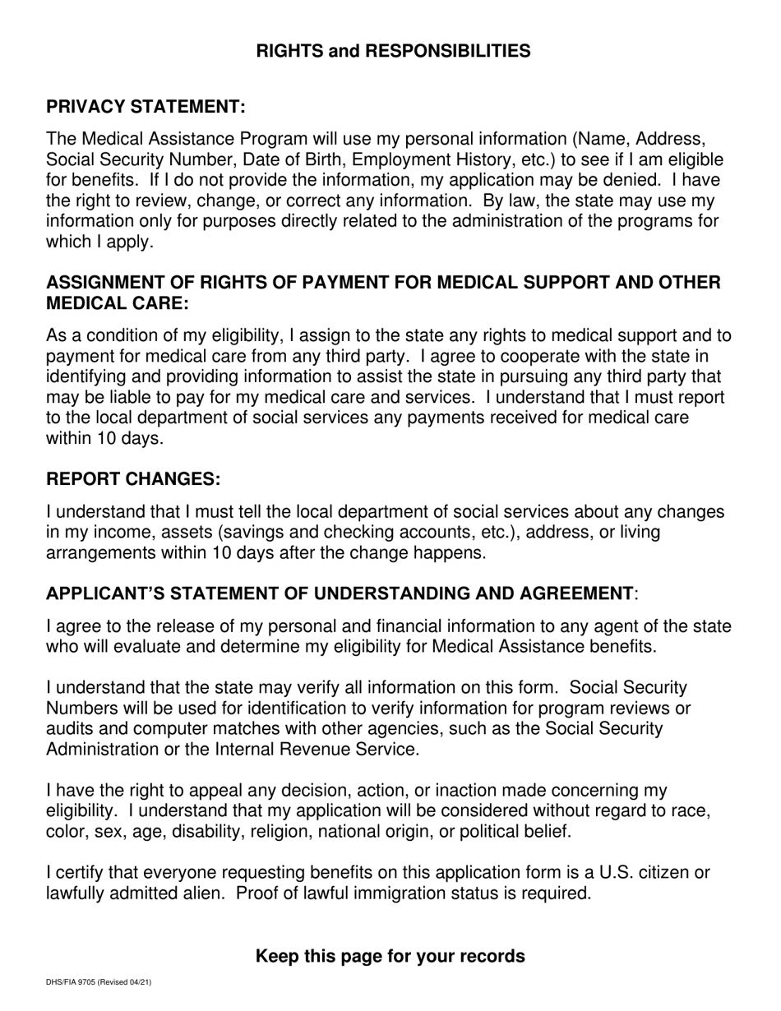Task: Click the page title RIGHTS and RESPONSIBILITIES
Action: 393,51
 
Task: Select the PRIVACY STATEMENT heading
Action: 146,107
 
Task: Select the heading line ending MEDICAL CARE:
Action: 118,303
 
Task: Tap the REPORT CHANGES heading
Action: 133,479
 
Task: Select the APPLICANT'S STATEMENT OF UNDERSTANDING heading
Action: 340,593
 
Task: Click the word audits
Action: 71,729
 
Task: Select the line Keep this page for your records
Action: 390,956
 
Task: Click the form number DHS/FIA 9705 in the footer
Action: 79,982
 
